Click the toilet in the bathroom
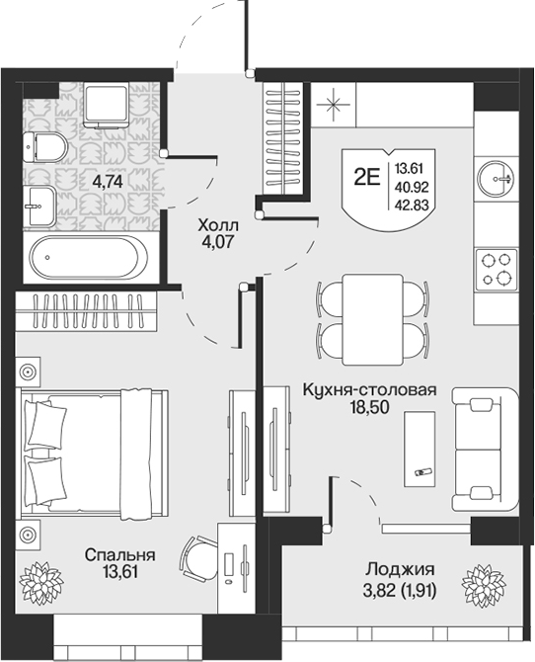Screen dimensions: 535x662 [x=45, y=147]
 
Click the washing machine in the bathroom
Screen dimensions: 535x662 [x=106, y=105]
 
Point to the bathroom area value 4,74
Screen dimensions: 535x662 [x=108, y=182]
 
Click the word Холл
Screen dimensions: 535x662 [x=218, y=225]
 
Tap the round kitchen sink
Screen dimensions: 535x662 [x=496, y=179]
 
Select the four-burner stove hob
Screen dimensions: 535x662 [x=497, y=269]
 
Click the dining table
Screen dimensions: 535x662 [x=372, y=319]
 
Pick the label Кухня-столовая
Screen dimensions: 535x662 [x=369, y=389]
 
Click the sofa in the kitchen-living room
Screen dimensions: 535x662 [x=485, y=450]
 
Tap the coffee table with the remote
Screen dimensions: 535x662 [x=420, y=448]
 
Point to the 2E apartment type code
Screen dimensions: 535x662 [x=367, y=178]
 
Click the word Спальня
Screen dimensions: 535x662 [x=119, y=554]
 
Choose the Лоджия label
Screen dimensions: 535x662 [x=400, y=569]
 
